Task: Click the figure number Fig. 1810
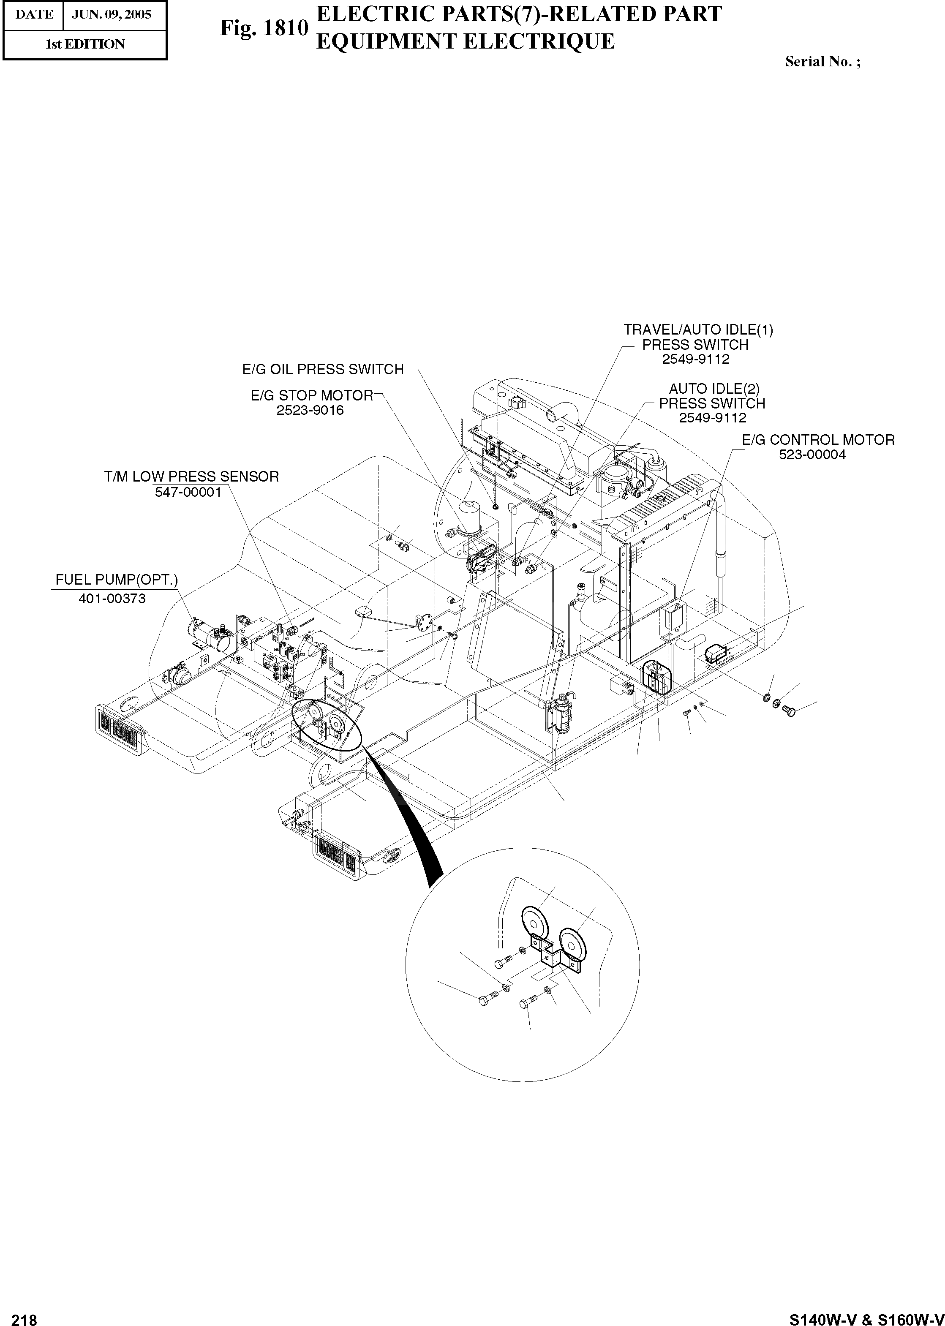point(264,27)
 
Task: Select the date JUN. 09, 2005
point(111,14)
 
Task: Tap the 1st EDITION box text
point(85,44)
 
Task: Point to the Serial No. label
point(822,62)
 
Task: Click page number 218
point(25,1316)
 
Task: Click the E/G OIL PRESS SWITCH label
point(323,370)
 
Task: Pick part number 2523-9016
point(310,410)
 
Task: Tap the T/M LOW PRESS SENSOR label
point(191,477)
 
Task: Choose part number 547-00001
point(188,492)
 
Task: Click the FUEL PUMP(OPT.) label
point(116,580)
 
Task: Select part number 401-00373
point(112,598)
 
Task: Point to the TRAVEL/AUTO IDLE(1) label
point(698,330)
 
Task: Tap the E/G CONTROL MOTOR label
point(818,440)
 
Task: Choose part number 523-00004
point(812,455)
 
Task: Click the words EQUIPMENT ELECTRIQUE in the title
point(465,42)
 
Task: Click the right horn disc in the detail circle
point(573,945)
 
